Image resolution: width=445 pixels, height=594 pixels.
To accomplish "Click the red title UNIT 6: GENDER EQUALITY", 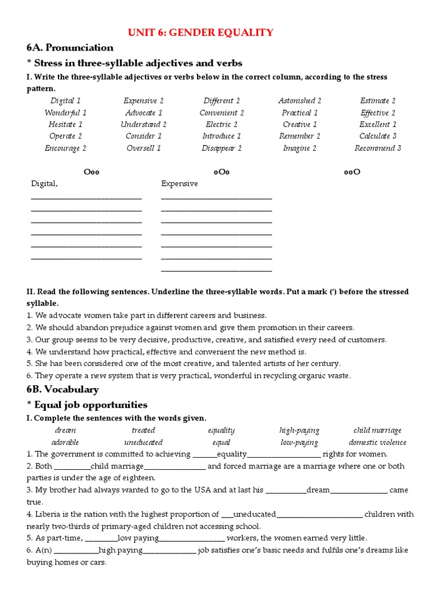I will coord(200,32).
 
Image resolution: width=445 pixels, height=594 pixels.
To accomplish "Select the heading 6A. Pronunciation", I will coord(70,48).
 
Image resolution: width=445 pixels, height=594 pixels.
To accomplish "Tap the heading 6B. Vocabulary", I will coord(63,389).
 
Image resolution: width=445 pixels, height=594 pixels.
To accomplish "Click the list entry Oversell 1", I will coord(144,148).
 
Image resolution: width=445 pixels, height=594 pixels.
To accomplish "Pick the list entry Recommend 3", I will coord(378,148).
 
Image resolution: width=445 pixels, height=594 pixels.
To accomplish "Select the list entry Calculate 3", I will coord(378,136).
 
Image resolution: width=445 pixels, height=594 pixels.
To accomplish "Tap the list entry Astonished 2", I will coord(300,100).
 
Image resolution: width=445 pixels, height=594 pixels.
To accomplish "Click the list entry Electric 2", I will coord(221,124).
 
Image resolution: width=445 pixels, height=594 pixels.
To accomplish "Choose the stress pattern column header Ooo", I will coord(92,172).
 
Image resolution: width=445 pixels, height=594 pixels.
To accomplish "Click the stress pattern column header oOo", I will coord(222,172).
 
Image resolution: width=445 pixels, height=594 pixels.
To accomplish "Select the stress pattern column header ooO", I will coord(352,172).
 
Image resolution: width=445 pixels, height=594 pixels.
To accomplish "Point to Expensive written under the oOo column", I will coord(179,183).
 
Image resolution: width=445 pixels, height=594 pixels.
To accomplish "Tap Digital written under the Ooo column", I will coord(44,183).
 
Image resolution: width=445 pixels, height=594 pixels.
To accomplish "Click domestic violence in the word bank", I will coord(377,443).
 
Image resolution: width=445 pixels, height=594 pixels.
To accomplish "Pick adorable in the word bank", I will coord(65,443).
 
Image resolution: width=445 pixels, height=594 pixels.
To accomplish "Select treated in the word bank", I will coord(143,430).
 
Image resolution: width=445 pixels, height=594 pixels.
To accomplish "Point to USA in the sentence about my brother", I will coord(201,490).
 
